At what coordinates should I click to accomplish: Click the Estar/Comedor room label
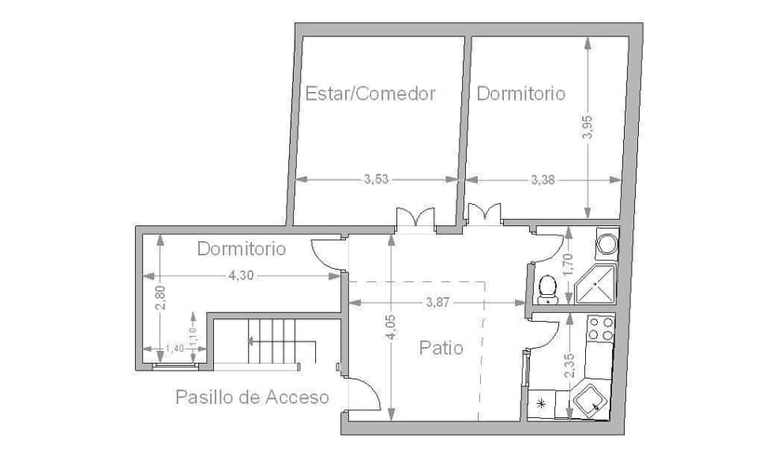pos(370,93)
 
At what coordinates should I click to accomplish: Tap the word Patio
pos(441,348)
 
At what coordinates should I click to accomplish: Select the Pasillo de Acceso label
pos(252,397)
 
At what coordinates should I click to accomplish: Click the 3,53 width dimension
pos(376,180)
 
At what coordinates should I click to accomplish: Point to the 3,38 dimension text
pos(542,180)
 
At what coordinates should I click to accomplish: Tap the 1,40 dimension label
pos(174,349)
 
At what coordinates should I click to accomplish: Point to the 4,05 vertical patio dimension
pos(391,328)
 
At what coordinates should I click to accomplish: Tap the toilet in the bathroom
pos(547,289)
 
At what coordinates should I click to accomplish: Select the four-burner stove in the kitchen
pos(600,328)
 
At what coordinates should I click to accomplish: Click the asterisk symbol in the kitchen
pos(542,403)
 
